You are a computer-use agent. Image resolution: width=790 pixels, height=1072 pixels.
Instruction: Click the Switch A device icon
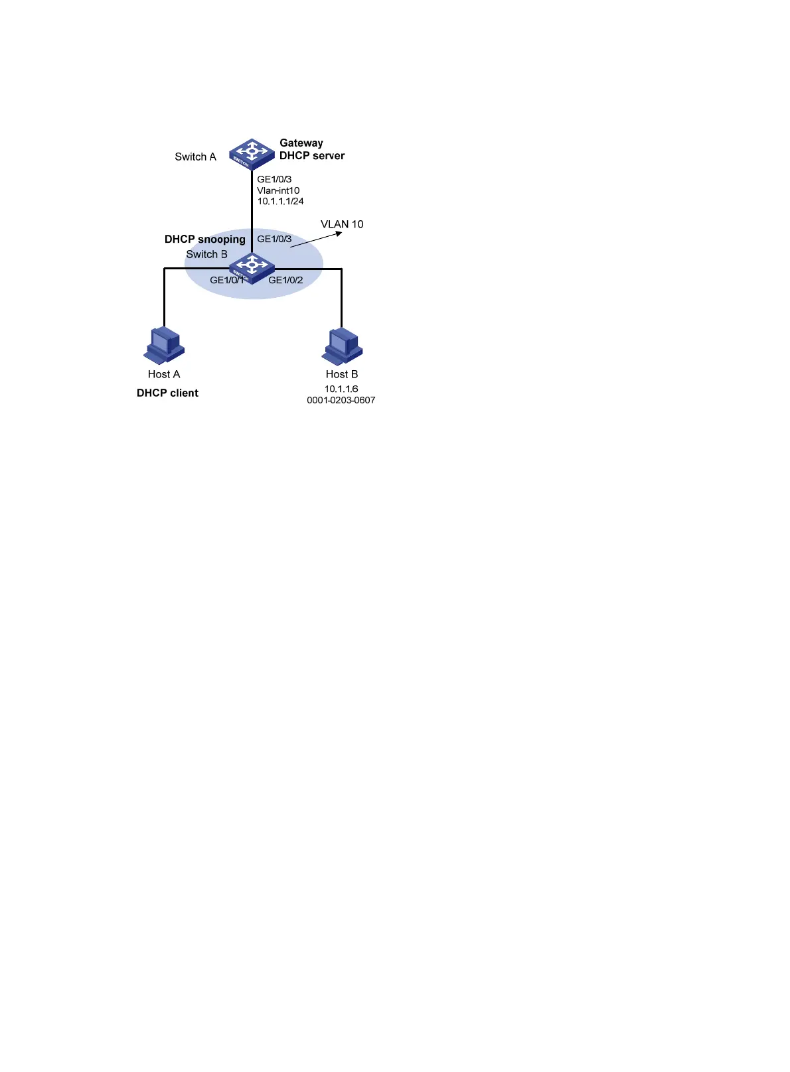252,154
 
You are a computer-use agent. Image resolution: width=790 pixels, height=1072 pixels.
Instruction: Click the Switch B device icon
252,267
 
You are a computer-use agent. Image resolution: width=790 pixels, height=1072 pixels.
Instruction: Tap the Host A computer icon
164,345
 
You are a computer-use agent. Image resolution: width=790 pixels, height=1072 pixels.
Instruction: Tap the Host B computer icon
343,345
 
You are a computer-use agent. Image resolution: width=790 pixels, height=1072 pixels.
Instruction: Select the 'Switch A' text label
195,157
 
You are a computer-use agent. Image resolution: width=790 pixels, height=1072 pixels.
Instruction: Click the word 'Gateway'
301,143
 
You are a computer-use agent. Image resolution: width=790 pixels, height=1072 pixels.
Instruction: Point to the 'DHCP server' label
312,156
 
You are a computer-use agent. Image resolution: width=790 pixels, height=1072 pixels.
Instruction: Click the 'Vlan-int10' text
278,190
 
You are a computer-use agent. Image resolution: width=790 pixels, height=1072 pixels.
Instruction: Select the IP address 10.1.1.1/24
280,201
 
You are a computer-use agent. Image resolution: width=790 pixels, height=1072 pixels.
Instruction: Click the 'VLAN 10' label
342,224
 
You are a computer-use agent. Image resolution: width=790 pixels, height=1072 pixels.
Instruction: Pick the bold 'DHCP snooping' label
205,239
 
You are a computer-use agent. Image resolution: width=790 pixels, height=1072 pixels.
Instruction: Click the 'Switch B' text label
206,255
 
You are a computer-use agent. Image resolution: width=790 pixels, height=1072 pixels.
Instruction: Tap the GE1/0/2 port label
285,280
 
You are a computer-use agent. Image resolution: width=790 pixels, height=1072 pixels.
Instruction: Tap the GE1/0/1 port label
226,280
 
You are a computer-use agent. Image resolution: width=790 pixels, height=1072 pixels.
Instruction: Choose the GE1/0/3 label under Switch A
274,179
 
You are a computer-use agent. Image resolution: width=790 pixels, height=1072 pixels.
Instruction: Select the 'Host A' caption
164,374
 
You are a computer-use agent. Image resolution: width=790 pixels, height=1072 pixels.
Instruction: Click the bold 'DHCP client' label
167,393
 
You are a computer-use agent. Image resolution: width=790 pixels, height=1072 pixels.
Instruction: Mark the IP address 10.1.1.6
341,389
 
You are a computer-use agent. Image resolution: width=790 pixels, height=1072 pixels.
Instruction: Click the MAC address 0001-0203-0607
341,401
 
